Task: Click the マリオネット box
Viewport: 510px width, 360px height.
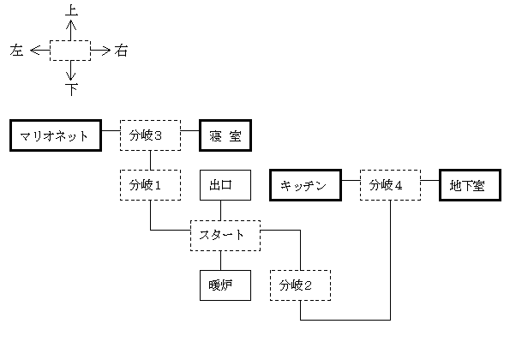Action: click(x=56, y=135)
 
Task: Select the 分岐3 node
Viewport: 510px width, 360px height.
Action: click(x=150, y=135)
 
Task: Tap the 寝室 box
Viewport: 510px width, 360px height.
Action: click(x=225, y=135)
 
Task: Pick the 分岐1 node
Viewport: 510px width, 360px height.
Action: click(x=150, y=185)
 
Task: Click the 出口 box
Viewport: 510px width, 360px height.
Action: click(x=225, y=185)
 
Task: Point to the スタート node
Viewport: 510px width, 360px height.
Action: click(x=225, y=236)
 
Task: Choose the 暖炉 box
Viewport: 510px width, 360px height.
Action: click(x=225, y=285)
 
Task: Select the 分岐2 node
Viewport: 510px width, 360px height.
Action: click(x=300, y=285)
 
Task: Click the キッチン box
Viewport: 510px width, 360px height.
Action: click(x=305, y=185)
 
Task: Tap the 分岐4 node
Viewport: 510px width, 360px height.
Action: click(x=390, y=185)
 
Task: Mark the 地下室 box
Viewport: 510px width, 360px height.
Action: click(x=470, y=185)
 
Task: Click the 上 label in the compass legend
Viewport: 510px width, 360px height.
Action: click(x=71, y=9)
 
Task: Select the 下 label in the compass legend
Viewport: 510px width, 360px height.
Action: click(x=71, y=89)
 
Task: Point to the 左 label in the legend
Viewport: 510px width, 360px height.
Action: click(x=16, y=51)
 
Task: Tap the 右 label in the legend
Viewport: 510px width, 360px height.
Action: click(x=121, y=51)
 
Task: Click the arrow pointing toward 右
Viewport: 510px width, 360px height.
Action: click(x=100, y=51)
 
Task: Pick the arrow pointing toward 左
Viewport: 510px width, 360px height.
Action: click(x=39, y=51)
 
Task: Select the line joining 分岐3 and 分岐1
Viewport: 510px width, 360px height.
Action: click(x=150, y=160)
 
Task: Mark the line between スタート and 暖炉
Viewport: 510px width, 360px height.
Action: click(x=221, y=261)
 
